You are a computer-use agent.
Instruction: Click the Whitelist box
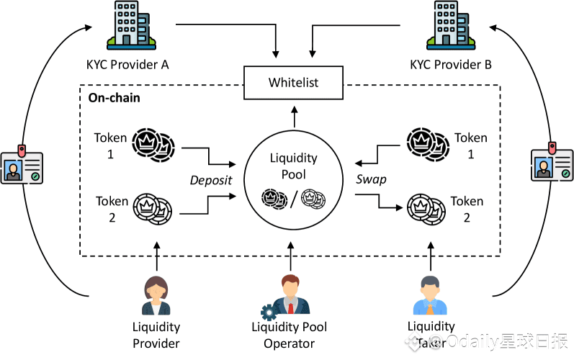click(x=293, y=82)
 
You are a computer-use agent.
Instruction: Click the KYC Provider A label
click(x=127, y=65)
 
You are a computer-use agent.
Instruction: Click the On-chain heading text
click(x=114, y=97)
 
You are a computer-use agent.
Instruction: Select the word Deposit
click(x=210, y=180)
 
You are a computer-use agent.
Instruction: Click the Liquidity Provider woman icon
click(x=156, y=295)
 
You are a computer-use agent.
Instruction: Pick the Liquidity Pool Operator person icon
click(x=290, y=294)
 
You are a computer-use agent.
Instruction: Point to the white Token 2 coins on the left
click(x=153, y=210)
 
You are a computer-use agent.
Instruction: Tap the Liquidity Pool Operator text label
click(x=289, y=335)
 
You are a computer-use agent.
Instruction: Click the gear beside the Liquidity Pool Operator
click(x=269, y=312)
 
